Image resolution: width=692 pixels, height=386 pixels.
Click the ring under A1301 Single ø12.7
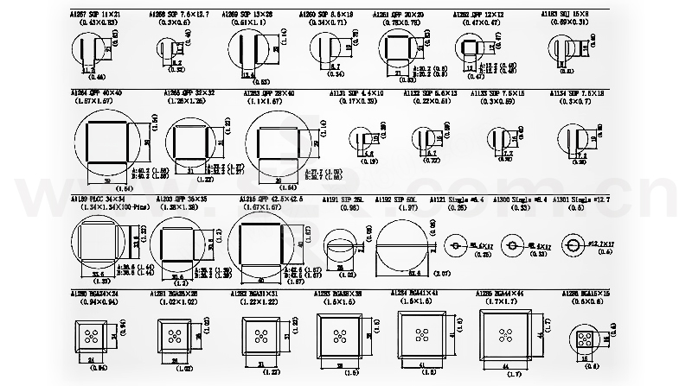pos(572,244)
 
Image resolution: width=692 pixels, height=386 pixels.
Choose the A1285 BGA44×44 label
pos(501,294)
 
